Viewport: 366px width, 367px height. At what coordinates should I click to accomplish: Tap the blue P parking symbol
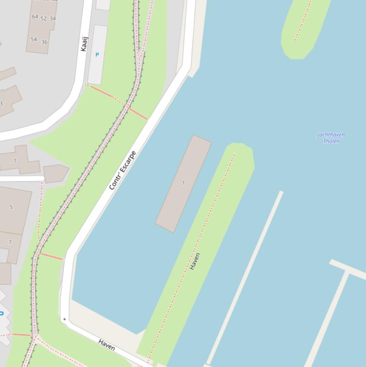click(97, 55)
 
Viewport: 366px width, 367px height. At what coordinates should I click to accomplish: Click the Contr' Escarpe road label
click(123, 170)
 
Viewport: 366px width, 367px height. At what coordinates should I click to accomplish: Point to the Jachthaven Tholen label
click(331, 138)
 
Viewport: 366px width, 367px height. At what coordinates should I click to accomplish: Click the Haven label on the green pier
click(195, 261)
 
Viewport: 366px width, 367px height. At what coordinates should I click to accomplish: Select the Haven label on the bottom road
click(107, 345)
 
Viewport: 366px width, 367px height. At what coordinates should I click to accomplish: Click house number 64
click(35, 17)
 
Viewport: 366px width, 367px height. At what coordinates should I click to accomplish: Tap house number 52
click(44, 19)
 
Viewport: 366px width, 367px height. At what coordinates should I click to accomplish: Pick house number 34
click(52, 19)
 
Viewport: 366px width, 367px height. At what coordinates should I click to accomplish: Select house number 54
click(34, 39)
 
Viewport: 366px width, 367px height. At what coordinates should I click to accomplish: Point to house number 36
click(44, 42)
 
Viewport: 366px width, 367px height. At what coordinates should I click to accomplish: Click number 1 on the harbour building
click(183, 183)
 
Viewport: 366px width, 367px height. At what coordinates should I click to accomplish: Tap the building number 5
click(11, 207)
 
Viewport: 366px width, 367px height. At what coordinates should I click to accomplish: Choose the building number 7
click(10, 242)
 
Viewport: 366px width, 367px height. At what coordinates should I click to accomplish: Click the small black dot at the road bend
click(64, 319)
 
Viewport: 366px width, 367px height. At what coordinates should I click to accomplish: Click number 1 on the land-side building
click(15, 161)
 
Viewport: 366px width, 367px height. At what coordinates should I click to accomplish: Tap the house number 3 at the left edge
click(1, 103)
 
